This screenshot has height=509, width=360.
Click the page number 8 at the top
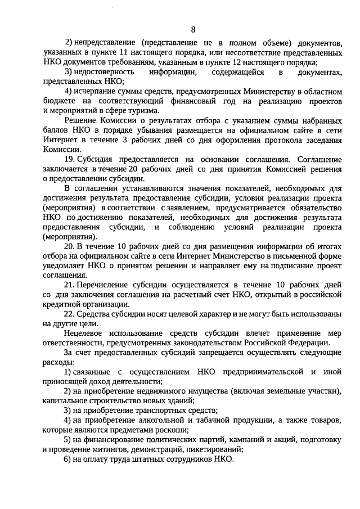193,30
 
